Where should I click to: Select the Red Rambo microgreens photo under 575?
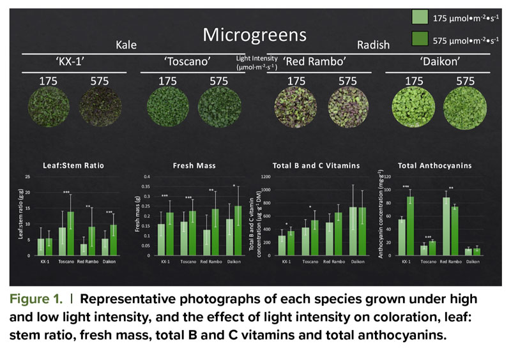[x=347, y=110]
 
